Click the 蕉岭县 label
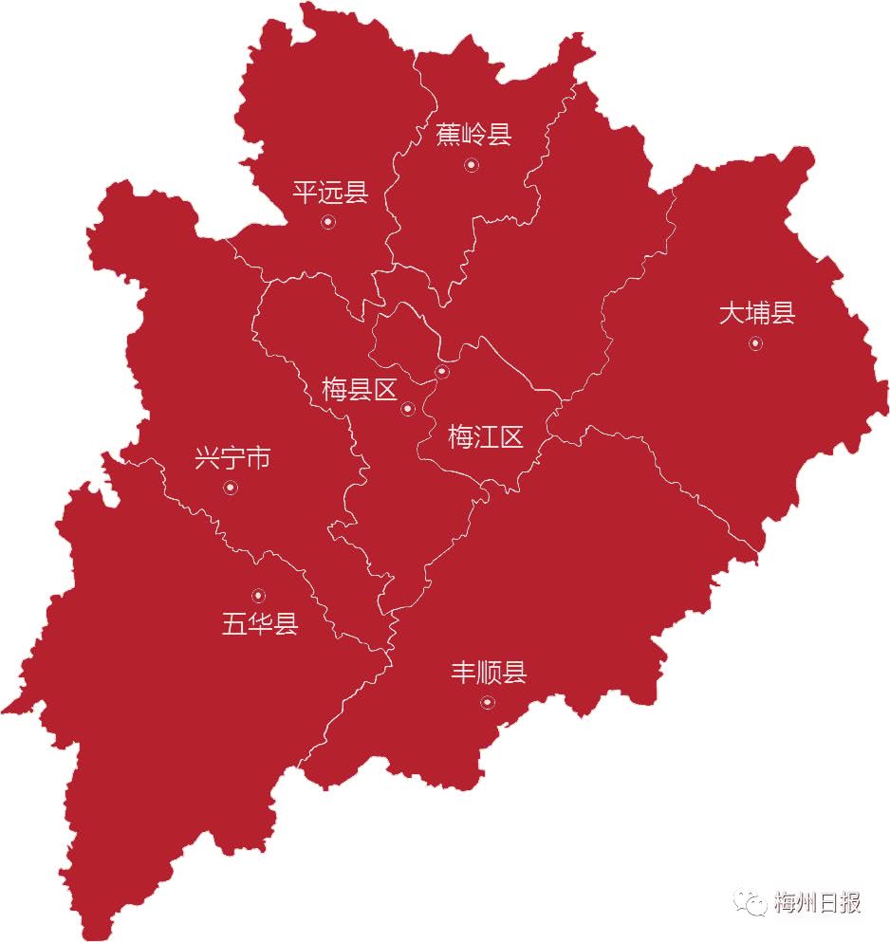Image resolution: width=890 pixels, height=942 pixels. coord(473,135)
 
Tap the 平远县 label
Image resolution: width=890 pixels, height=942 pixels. coord(329,194)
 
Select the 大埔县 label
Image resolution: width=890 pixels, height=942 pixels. coord(756,313)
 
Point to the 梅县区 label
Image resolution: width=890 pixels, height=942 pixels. coord(359,390)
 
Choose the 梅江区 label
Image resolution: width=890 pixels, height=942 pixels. coord(486,437)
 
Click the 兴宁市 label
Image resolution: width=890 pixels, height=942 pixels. coord(232,460)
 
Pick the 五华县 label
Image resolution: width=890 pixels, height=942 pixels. coord(260,624)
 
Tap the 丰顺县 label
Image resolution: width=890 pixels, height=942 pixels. coord(488,674)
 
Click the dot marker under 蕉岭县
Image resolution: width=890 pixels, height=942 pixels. coord(472,165)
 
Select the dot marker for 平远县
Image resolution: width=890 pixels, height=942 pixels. coord(328,222)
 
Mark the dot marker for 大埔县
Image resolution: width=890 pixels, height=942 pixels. coord(755,343)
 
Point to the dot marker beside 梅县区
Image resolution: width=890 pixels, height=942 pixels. coord(408,409)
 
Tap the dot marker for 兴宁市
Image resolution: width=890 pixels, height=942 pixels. coord(230,488)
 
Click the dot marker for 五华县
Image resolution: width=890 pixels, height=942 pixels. coord(258,595)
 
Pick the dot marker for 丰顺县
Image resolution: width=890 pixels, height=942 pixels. coord(488,702)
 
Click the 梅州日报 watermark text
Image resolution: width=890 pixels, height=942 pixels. coord(817,902)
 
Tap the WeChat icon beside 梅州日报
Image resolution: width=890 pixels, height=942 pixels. coord(754,902)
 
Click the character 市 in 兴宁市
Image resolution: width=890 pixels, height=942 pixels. coord(258,460)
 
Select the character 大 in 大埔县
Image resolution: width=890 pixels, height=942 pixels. coord(731,313)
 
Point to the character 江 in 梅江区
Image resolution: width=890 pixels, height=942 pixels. coord(486,437)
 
